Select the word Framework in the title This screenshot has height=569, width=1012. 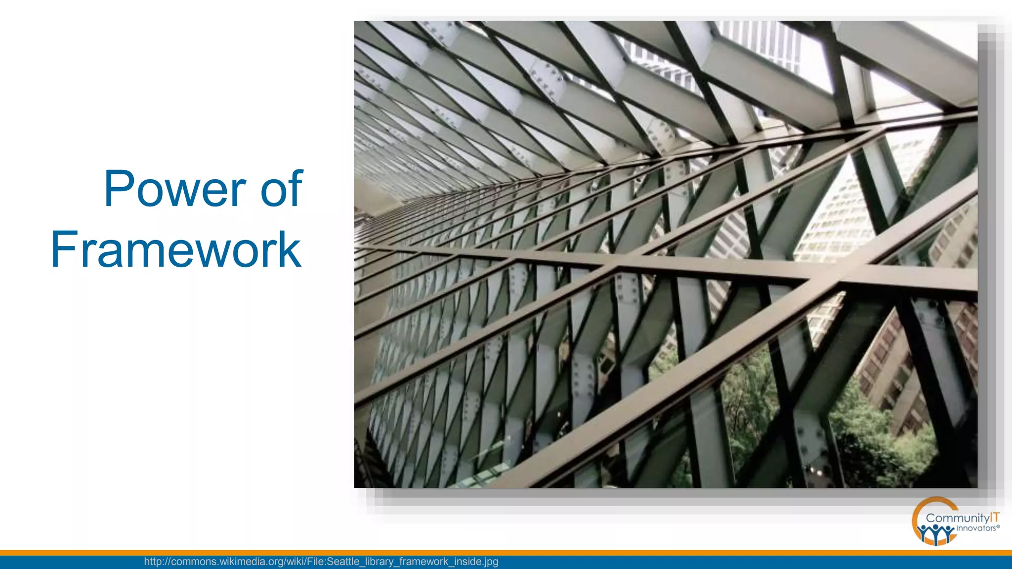pos(176,250)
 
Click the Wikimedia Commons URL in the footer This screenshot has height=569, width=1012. pos(321,562)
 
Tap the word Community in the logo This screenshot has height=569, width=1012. pos(957,518)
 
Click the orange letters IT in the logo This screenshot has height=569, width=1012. pos(995,518)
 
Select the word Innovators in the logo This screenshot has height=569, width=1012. pos(976,528)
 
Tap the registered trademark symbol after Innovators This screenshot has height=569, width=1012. pos(998,527)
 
